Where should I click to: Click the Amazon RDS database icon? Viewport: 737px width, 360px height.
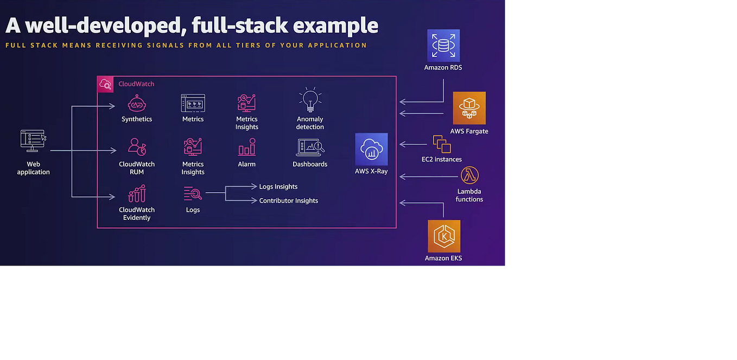(443, 46)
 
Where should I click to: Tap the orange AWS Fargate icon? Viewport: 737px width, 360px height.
(469, 108)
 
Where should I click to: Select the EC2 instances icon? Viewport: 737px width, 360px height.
(442, 144)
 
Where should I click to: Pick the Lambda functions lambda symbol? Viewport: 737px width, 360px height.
(469, 175)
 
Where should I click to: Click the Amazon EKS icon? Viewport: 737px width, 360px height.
(443, 236)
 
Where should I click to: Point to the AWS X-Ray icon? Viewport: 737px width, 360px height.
(371, 149)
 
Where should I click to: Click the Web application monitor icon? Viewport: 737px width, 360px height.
(33, 141)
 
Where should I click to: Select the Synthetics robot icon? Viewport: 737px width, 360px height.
(137, 103)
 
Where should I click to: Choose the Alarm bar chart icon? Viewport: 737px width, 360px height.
(246, 147)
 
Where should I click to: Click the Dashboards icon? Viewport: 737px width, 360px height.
(310, 147)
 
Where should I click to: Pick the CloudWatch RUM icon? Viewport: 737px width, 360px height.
(137, 147)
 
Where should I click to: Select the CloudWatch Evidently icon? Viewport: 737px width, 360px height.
(137, 193)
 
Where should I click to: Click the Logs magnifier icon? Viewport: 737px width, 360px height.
(193, 193)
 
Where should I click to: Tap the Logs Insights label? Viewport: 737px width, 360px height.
(278, 187)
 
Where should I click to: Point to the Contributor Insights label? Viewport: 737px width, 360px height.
(289, 201)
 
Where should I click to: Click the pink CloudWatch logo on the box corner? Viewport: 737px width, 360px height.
(105, 84)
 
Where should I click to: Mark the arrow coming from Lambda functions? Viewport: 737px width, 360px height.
(429, 176)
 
